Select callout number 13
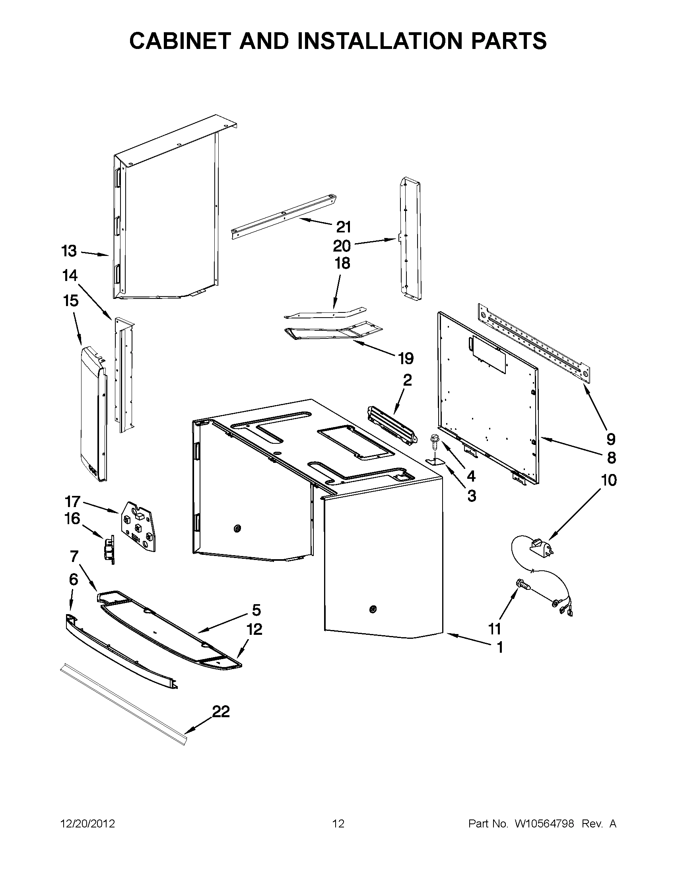coord(69,252)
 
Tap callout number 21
coord(344,227)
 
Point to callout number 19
coord(406,358)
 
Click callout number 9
coord(610,440)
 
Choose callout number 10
coord(609,480)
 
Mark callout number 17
coord(72,501)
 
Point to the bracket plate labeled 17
coord(139,525)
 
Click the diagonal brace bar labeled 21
coord(283,216)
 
